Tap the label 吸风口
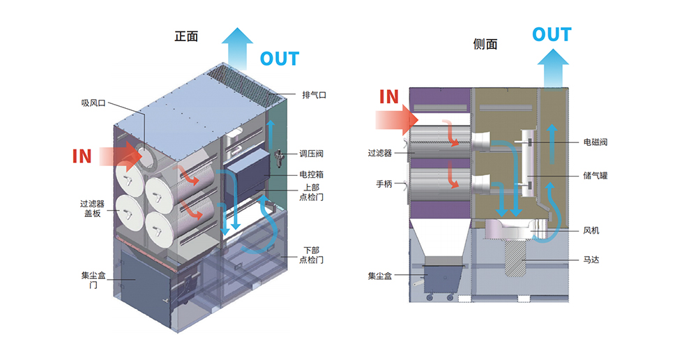point(93,103)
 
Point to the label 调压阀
point(311,153)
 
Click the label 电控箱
point(311,174)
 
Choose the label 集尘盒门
point(93,280)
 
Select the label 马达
point(591,260)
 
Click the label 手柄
point(384,184)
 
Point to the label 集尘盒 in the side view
point(380,276)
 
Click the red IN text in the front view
point(82,155)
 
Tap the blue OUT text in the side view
point(552,34)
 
